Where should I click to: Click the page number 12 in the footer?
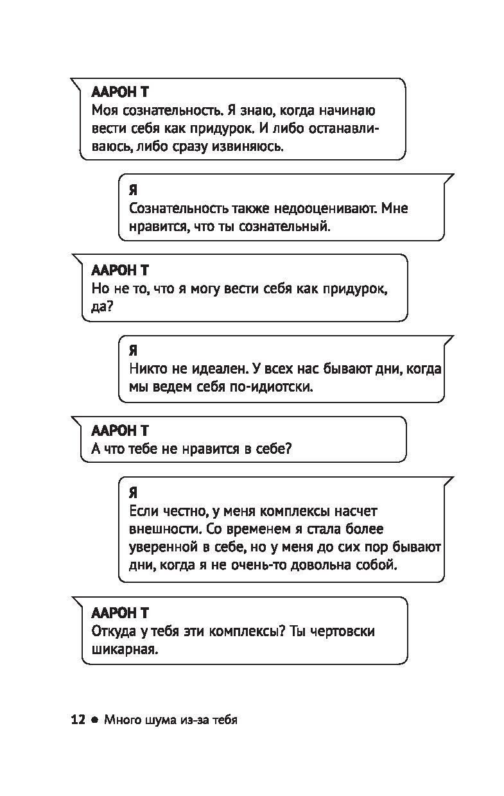point(78,720)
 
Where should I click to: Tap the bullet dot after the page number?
point(94,720)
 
